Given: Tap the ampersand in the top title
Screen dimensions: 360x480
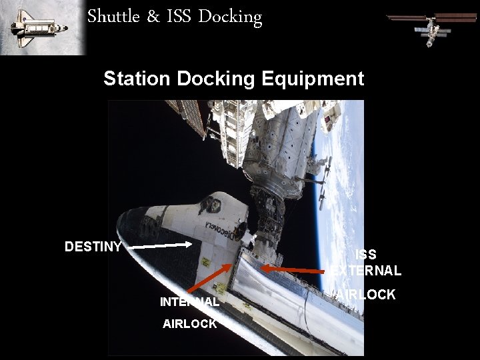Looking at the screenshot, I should pos(153,17).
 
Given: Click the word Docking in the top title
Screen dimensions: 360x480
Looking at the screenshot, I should pos(229,17).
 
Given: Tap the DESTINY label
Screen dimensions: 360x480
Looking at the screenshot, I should pos(93,247).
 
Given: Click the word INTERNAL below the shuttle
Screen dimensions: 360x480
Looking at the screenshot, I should pos(189,302).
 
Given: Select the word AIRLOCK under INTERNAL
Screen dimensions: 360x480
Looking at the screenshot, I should pos(189,324).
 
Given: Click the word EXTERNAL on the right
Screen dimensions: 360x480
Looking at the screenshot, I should pos(366,271).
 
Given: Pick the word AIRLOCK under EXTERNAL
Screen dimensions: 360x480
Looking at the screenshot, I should pos(366,294).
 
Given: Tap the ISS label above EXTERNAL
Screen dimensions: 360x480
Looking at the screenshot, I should pos(365,254).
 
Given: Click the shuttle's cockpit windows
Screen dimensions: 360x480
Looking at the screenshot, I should pos(213,203).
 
